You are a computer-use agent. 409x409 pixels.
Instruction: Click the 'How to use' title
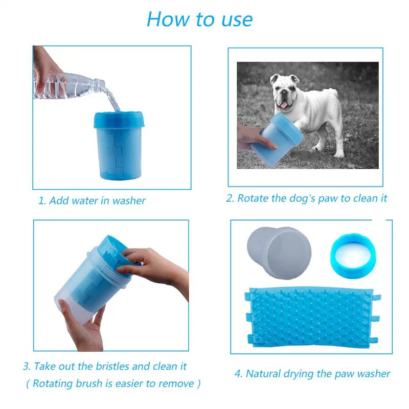(x=199, y=19)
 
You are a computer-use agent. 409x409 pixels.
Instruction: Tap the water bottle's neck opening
(x=103, y=84)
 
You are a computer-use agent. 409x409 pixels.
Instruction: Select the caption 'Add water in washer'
(x=97, y=200)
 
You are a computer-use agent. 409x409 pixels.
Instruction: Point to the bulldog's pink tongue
(x=284, y=105)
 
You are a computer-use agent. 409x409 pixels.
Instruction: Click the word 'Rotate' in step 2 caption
(x=253, y=198)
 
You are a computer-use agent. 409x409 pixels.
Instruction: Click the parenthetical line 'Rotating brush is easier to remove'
(x=113, y=384)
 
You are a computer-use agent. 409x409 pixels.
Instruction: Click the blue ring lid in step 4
(x=353, y=256)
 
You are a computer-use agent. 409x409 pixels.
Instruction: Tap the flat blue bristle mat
(x=312, y=317)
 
